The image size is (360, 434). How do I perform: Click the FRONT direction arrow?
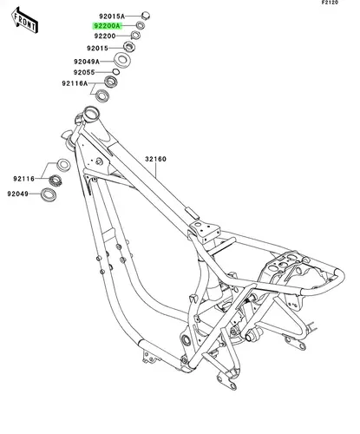coord(24,20)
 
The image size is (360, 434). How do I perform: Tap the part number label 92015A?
coord(112,16)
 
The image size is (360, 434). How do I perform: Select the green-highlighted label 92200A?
coord(107,26)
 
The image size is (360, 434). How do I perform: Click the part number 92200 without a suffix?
coord(105,36)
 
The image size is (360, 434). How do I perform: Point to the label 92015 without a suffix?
coord(97,49)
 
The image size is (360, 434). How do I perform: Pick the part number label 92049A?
coord(87,62)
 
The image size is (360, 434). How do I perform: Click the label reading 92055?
coord(84,72)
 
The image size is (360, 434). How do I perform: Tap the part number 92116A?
coord(75,83)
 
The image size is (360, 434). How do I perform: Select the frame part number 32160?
coord(155,159)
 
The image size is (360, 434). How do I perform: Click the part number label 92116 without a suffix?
coord(23,179)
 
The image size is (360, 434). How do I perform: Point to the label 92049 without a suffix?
coord(18,194)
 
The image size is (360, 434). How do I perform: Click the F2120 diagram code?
coord(330,3)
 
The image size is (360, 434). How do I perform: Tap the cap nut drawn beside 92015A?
coord(146,15)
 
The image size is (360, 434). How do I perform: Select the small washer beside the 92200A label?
coord(141,25)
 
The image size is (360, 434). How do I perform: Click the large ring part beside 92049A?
coord(122,60)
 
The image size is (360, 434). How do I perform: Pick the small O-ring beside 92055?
coord(116,72)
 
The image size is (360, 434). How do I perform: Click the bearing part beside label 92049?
coord(49,194)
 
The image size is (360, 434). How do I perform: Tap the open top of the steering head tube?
coord(91,114)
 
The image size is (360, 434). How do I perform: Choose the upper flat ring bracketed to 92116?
coord(63,165)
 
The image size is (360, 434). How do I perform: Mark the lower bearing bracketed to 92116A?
coord(102,95)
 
